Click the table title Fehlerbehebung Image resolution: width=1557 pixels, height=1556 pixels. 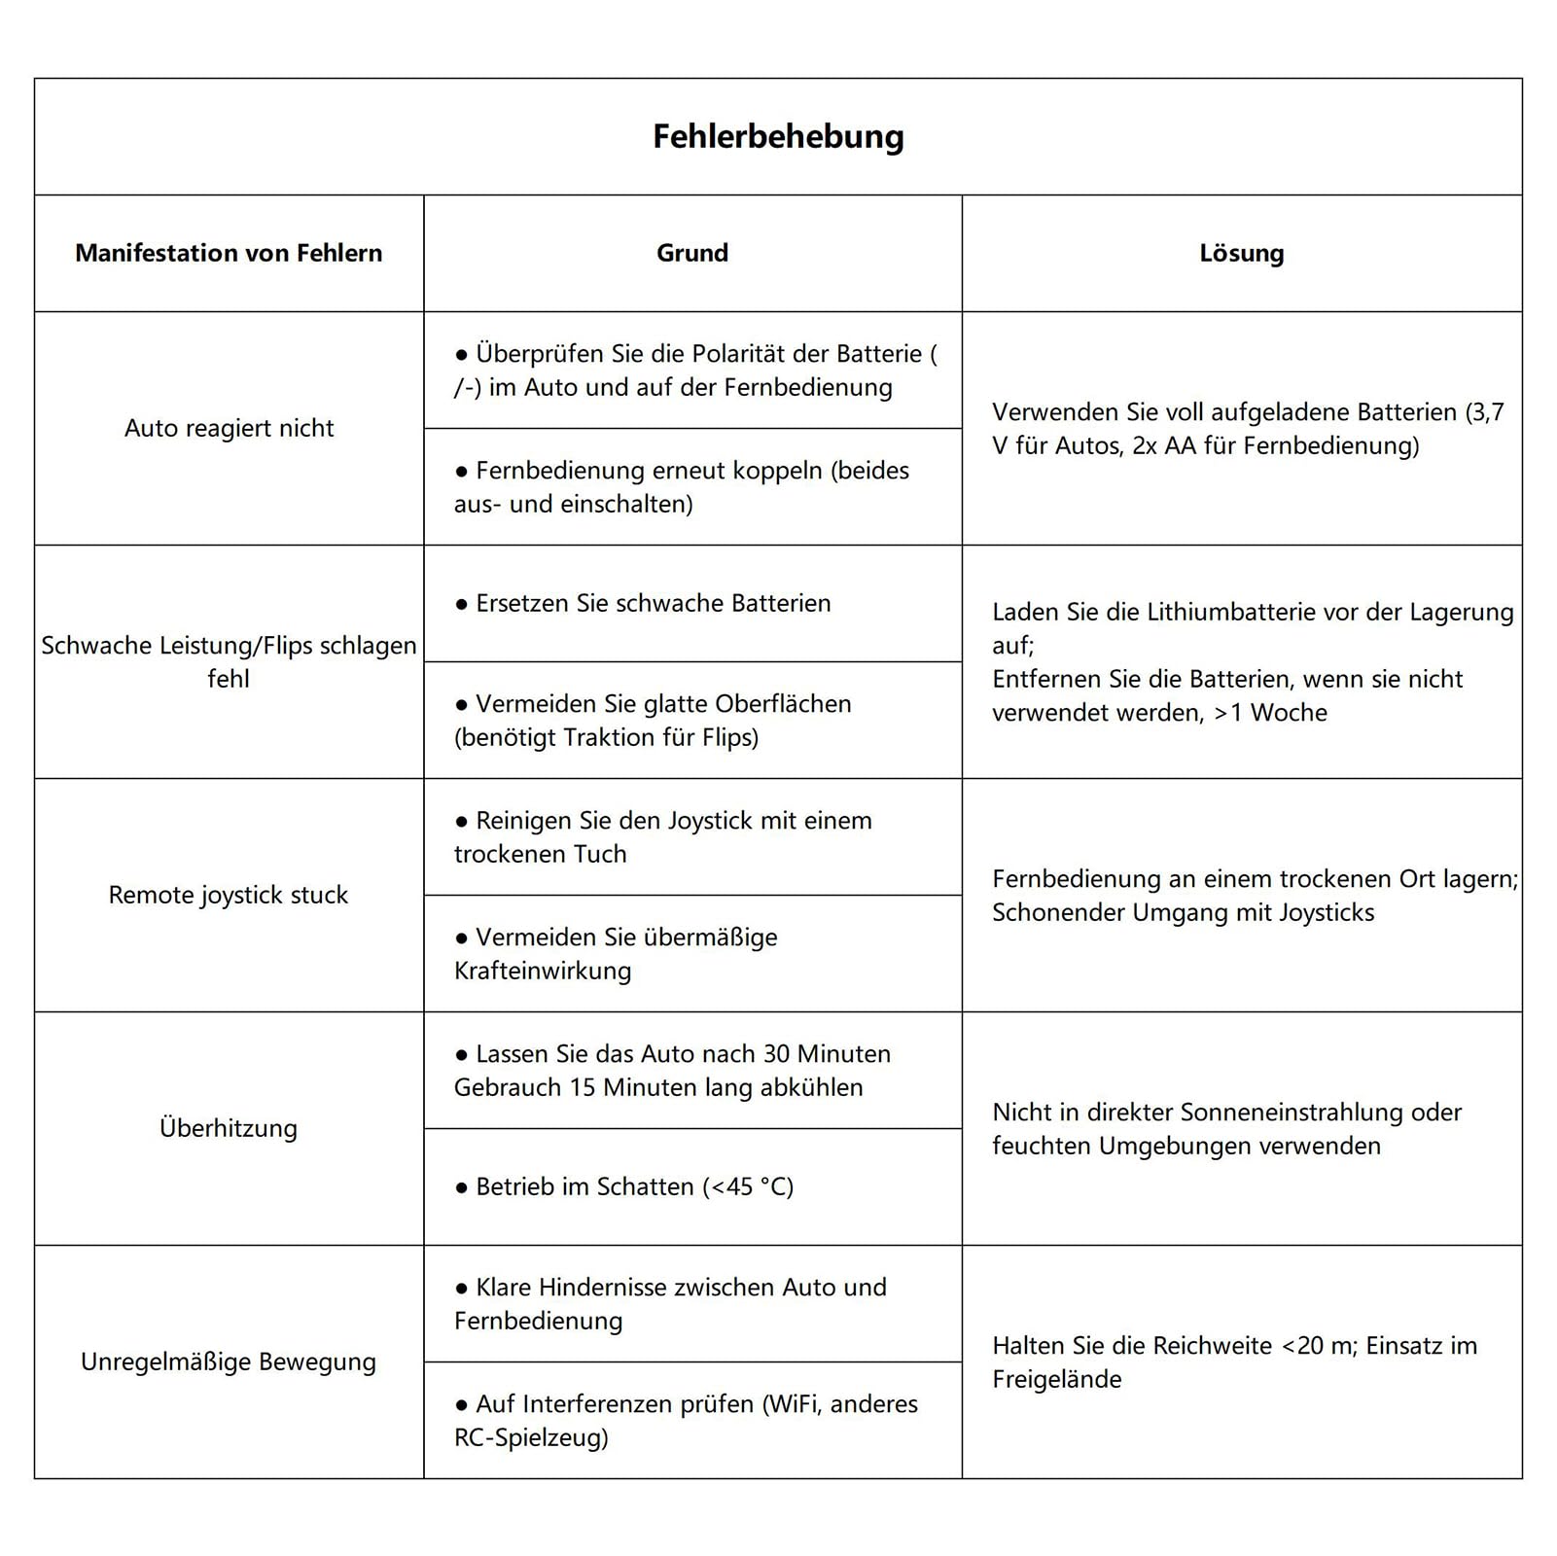tap(778, 136)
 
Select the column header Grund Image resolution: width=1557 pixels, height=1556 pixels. tap(692, 253)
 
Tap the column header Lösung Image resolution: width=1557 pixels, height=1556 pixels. tap(1241, 253)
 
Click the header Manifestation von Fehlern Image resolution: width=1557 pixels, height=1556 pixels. tap(229, 253)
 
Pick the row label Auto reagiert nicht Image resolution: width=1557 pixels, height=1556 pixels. tap(229, 428)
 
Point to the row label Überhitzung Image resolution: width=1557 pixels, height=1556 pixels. tap(229, 1128)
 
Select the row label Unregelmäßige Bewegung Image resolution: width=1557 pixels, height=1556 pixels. tap(229, 1361)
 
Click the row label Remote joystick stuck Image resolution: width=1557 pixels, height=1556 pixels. tap(229, 895)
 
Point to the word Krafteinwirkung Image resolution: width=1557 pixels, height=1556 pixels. tap(543, 971)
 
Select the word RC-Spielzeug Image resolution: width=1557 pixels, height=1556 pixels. tap(531, 1437)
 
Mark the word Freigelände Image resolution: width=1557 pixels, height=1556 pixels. tap(1057, 1379)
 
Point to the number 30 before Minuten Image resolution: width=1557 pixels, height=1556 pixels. tap(776, 1054)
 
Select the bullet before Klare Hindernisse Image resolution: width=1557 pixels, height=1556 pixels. tap(462, 1289)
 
